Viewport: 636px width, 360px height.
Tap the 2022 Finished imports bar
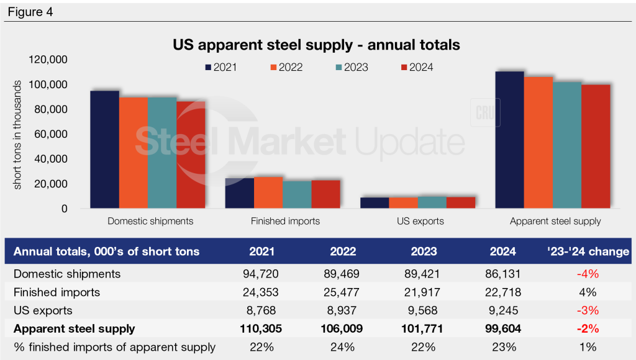tap(268, 192)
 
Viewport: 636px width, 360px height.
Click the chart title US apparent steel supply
tap(317, 45)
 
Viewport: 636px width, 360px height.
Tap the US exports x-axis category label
tap(421, 221)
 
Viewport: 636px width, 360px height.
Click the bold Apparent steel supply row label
tap(74, 328)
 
